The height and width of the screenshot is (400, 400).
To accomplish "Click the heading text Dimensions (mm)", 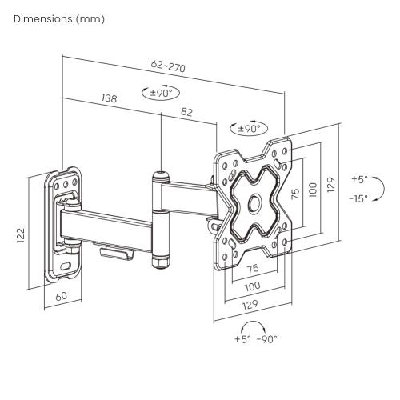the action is [x=59, y=19].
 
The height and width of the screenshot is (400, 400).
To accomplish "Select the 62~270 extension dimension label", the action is [x=168, y=66].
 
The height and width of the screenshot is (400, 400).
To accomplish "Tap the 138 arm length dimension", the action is [x=110, y=98].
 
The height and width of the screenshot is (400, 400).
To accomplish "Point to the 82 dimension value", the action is [x=186, y=112].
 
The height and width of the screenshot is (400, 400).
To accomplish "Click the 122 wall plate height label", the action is [x=21, y=235].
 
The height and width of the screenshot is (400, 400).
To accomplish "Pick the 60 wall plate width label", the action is [x=62, y=296].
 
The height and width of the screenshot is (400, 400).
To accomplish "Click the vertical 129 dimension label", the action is [x=331, y=185].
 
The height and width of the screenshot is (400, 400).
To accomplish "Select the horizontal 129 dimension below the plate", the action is [x=250, y=305].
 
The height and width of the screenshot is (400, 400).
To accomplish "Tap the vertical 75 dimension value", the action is [x=295, y=194].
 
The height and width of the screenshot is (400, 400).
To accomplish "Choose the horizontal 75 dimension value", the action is [x=253, y=268].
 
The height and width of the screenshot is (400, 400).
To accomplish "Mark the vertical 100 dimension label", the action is [x=313, y=190].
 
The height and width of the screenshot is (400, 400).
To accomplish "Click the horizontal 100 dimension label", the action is [x=252, y=286].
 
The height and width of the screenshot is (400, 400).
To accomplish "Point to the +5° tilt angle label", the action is [x=359, y=179].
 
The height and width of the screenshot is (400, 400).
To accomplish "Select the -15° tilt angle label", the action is [x=358, y=198].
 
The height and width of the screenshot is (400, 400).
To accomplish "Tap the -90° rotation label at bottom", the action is [x=267, y=339].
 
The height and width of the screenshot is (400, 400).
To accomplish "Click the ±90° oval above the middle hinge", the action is [x=161, y=93].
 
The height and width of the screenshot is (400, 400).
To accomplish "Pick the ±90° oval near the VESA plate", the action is [x=249, y=129].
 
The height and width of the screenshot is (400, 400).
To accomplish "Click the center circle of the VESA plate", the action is [x=255, y=204].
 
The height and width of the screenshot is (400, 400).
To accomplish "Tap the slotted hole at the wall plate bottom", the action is [x=66, y=266].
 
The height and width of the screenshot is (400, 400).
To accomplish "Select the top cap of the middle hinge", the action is [x=160, y=176].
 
